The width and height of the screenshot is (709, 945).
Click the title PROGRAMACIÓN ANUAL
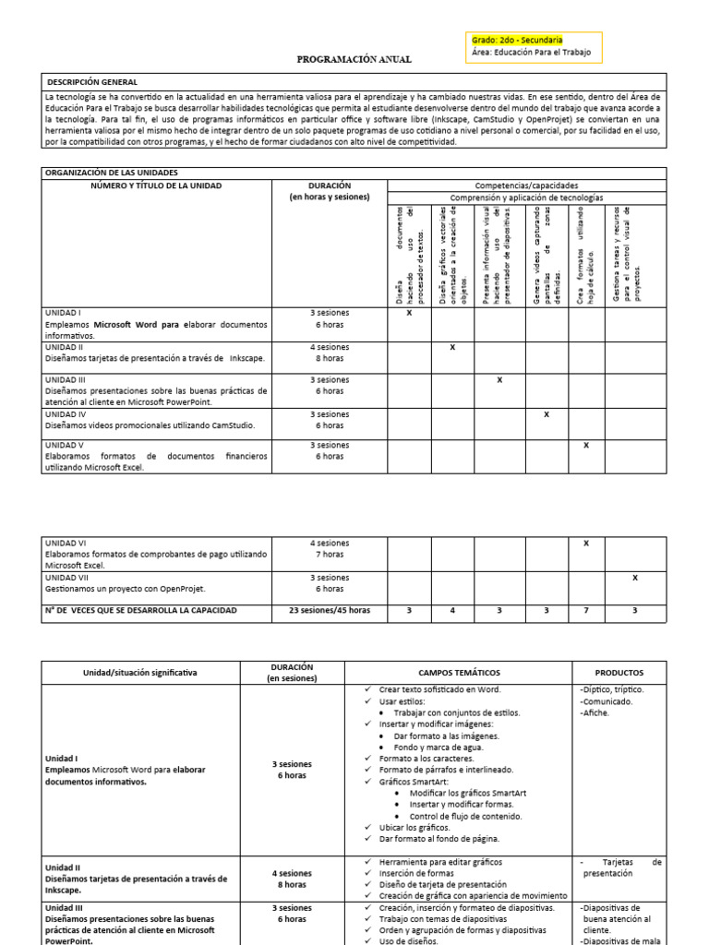354,59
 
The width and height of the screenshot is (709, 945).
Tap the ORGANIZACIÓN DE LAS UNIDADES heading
112,173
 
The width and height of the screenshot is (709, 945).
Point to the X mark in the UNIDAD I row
409,313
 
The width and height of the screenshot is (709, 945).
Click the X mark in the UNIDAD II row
452,347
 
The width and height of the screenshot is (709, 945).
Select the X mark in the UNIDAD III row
499,380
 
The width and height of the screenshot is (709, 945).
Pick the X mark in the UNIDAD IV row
547,414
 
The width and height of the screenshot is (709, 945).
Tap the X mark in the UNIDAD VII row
634,578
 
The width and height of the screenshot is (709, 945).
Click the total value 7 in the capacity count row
586,610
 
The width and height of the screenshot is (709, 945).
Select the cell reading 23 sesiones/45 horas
330,610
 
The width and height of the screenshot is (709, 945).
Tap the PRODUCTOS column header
619,673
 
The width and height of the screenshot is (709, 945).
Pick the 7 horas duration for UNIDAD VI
330,555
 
